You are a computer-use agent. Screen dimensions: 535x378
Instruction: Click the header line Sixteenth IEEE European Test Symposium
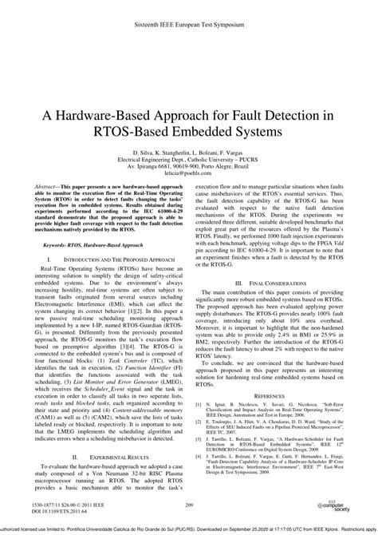click(x=189, y=15)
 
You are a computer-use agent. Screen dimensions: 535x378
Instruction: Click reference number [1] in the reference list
click(x=199, y=404)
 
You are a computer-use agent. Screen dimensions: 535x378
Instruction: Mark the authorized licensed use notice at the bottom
click(x=189, y=528)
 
